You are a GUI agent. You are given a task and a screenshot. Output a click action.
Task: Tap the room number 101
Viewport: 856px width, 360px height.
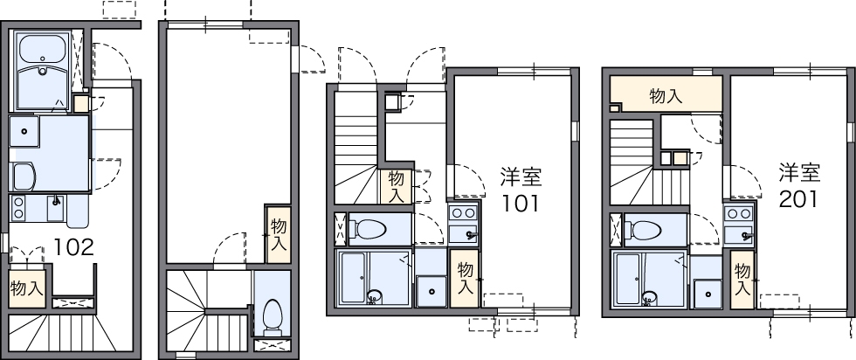tap(521, 205)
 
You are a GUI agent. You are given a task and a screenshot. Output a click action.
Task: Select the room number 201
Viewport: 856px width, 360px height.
tap(798, 198)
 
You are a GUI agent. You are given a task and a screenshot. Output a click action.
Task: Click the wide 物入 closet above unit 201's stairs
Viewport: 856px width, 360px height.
tap(666, 94)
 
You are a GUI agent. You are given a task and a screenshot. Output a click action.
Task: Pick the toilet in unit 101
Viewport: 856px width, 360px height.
tap(371, 230)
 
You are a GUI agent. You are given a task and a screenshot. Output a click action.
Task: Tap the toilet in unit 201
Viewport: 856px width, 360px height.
tap(646, 230)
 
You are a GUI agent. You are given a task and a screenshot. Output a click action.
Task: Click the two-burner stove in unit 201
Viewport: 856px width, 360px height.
tap(738, 212)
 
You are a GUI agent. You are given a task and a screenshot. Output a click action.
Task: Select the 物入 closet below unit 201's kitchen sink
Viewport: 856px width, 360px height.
tap(742, 279)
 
